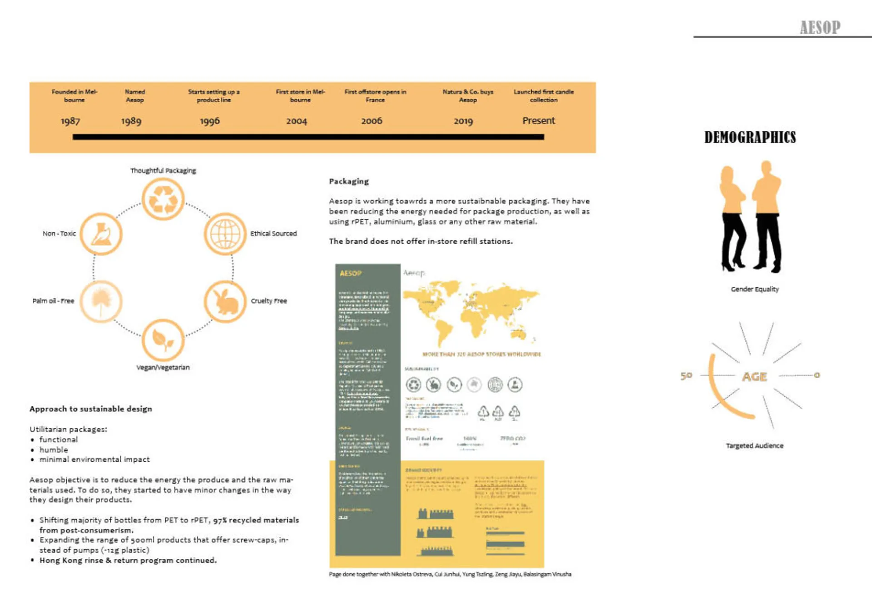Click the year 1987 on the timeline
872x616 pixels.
pyautogui.click(x=70, y=121)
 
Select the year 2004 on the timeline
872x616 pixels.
pyautogui.click(x=297, y=121)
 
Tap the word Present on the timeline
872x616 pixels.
pyautogui.click(x=539, y=121)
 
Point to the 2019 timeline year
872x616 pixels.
pyautogui.click(x=463, y=121)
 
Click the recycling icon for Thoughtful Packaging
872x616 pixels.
pyautogui.click(x=163, y=199)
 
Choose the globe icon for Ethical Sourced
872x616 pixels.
pyautogui.click(x=225, y=234)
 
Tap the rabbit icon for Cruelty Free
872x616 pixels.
pyautogui.click(x=225, y=301)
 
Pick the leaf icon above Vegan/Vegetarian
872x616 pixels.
pyautogui.click(x=163, y=340)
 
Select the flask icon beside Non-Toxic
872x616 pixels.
pyautogui.click(x=101, y=234)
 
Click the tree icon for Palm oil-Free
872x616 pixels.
pyautogui.click(x=101, y=301)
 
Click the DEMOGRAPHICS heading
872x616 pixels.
pyautogui.click(x=750, y=137)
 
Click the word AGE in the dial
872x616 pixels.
pyautogui.click(x=754, y=377)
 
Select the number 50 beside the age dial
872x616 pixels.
pyautogui.click(x=686, y=376)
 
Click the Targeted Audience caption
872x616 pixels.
pyautogui.click(x=754, y=446)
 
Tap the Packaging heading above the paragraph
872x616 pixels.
pyautogui.click(x=349, y=182)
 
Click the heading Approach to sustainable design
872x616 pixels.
pyautogui.click(x=91, y=409)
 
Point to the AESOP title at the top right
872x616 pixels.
pyautogui.click(x=820, y=28)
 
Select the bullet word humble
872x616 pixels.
pyautogui.click(x=54, y=450)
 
